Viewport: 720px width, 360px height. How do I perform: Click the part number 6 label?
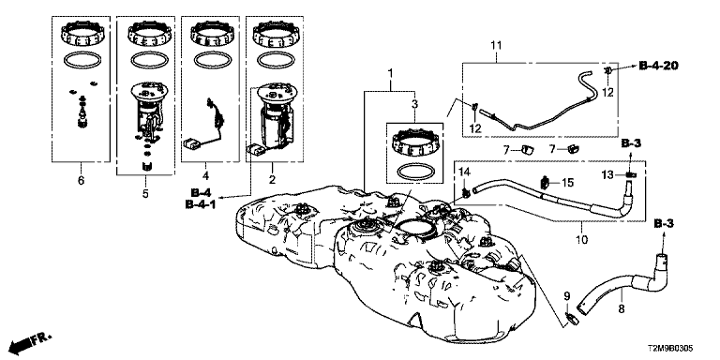click(x=81, y=180)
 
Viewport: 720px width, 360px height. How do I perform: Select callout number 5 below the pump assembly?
click(x=145, y=194)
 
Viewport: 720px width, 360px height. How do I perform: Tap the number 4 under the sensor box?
click(x=205, y=175)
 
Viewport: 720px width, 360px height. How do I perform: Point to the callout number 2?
click(x=272, y=180)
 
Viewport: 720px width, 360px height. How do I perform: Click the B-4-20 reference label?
click(x=658, y=67)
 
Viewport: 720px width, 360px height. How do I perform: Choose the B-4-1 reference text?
click(x=201, y=204)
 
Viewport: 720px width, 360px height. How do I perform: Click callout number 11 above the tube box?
click(x=495, y=45)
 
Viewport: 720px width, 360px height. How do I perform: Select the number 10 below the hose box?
click(x=581, y=239)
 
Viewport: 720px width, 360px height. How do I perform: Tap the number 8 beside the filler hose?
click(x=622, y=309)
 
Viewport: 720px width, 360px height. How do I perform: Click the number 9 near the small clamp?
click(x=566, y=295)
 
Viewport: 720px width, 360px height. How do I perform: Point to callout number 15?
click(x=567, y=183)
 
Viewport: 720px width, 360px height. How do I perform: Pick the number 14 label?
click(x=465, y=172)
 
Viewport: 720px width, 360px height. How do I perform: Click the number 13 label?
click(x=607, y=174)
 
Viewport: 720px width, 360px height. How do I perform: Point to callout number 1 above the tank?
click(x=390, y=72)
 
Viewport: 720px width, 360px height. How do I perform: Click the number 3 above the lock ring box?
click(x=414, y=104)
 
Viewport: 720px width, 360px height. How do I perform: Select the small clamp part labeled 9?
click(x=571, y=317)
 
